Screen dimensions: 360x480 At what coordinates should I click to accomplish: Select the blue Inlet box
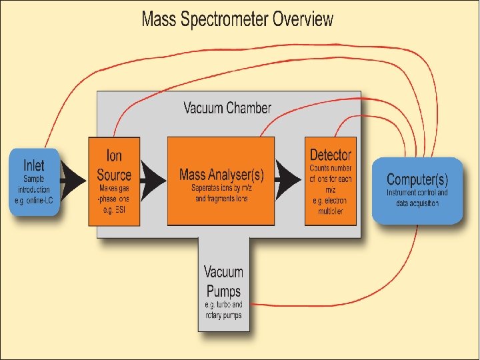point(34,181)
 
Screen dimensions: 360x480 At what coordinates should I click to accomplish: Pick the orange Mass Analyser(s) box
point(221,180)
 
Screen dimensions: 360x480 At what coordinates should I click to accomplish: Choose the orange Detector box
point(330,180)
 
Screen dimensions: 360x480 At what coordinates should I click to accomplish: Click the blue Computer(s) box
point(417,190)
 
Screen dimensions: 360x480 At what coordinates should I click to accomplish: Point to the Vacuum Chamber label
point(227,107)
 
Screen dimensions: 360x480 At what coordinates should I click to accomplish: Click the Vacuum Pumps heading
point(223,281)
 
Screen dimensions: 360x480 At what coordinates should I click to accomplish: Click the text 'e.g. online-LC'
point(33,201)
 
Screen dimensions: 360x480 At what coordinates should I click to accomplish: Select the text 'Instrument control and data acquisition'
point(417,198)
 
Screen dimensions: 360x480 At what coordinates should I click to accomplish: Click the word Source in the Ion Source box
point(114,175)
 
